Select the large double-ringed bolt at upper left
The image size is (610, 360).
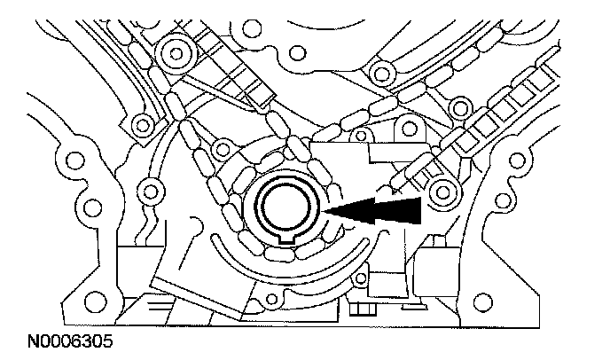(176, 55)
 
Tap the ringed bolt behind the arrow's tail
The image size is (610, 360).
(442, 190)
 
